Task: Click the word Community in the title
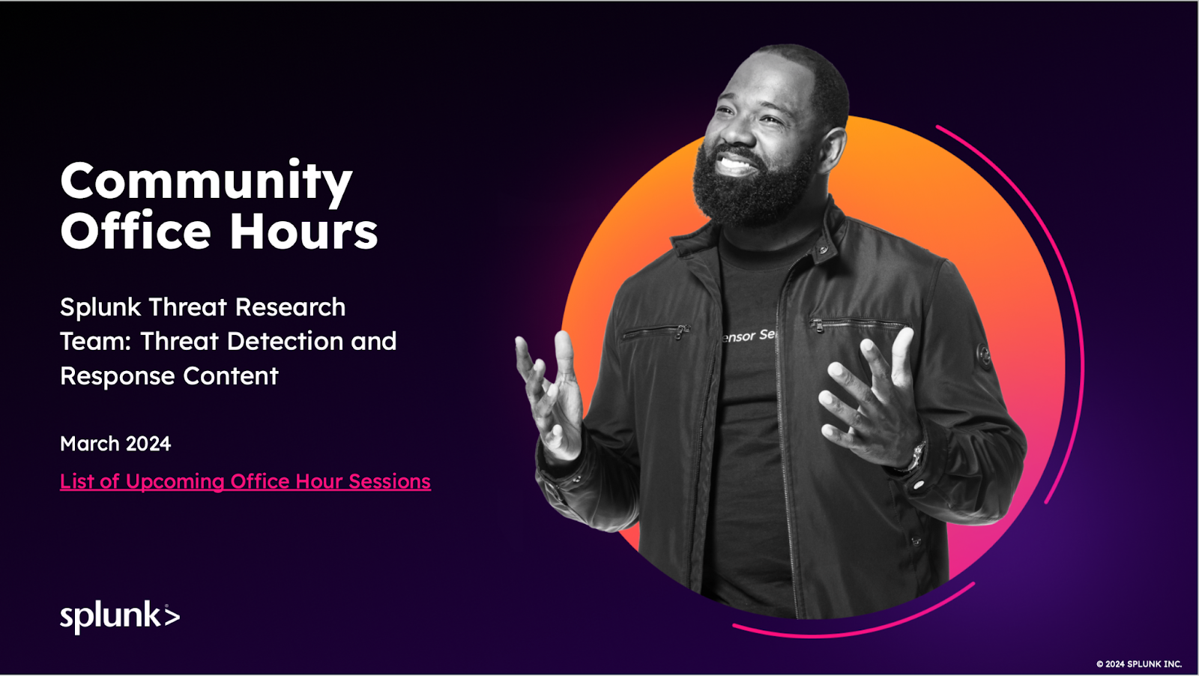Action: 206,182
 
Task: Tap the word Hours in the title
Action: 303,232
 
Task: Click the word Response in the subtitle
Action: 118,376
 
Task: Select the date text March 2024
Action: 115,444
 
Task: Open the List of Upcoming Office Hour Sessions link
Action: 245,481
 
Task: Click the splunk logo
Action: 120,616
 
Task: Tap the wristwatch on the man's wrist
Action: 916,455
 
